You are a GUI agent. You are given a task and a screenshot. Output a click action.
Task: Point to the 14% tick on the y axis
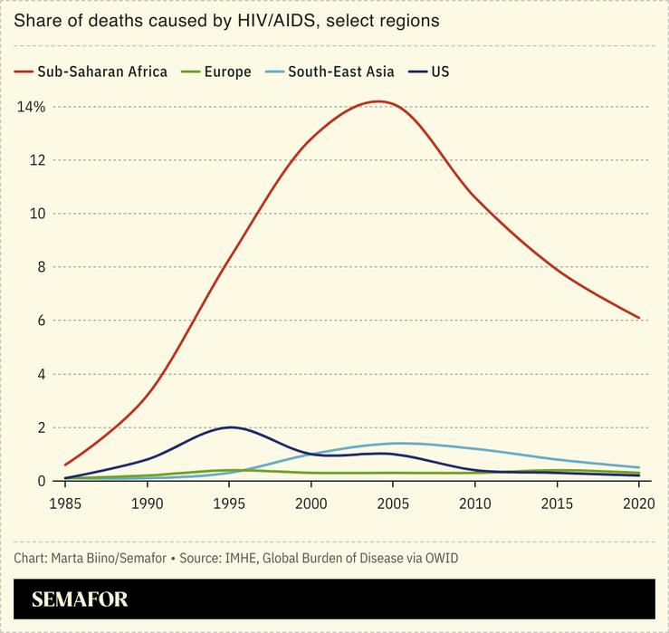pos(31,107)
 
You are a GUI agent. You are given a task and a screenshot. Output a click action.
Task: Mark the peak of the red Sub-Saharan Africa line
pos(376,101)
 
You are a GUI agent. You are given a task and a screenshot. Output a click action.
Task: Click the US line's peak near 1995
pos(231,427)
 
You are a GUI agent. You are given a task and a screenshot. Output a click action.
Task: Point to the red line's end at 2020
pos(639,318)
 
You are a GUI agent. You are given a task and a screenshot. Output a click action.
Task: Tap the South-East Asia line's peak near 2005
pos(399,443)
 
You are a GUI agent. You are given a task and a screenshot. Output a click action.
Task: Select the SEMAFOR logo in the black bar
pos(80,599)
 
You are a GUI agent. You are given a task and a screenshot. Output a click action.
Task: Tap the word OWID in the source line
pos(439,558)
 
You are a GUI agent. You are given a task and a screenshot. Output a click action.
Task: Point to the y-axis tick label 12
pos(37,160)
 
